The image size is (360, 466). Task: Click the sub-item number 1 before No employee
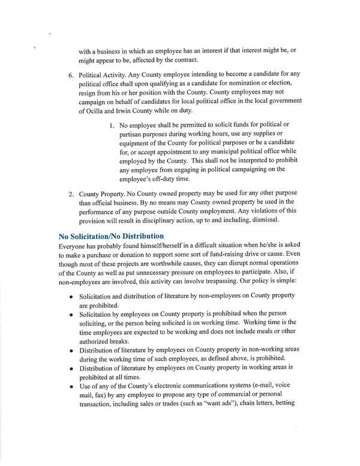(112, 126)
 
